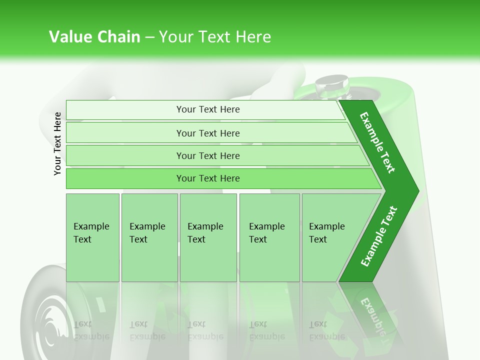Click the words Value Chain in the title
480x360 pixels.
[x=94, y=37]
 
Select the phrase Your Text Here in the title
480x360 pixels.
[x=215, y=37]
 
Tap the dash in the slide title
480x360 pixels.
[x=149, y=37]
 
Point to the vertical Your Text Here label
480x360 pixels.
[x=57, y=143]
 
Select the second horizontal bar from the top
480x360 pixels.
[x=208, y=133]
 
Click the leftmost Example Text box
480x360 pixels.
[x=92, y=237]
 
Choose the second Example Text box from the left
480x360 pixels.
[x=149, y=237]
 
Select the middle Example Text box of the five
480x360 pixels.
[x=208, y=237]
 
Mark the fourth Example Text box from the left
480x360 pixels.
[x=269, y=237]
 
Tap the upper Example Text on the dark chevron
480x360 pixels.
[x=377, y=142]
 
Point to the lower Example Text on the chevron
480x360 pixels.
[x=379, y=236]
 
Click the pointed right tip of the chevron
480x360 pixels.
[x=415, y=190]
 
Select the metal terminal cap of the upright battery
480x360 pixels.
[x=331, y=84]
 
